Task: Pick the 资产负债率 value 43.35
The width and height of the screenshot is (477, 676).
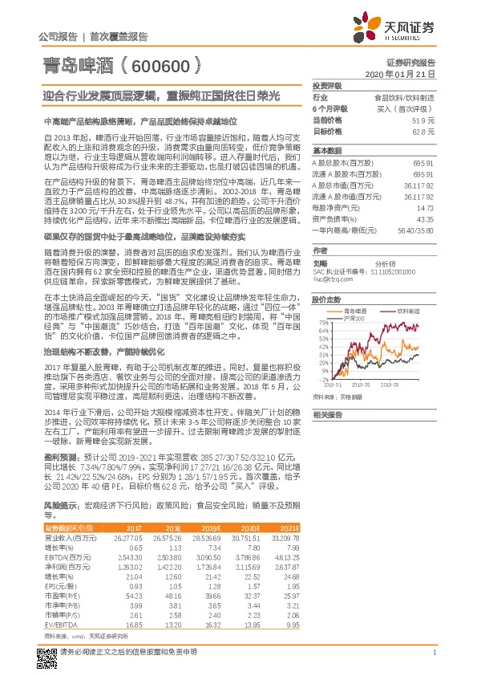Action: click(426, 218)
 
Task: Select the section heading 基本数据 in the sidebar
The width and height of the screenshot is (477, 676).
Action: click(326, 149)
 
